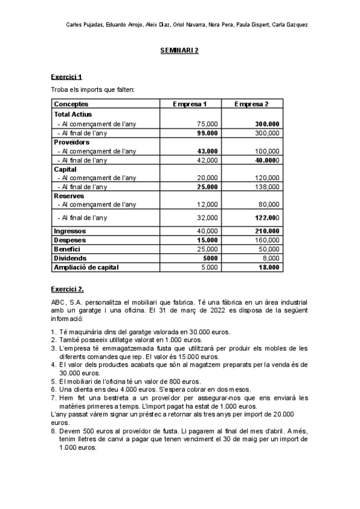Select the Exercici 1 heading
(66, 77)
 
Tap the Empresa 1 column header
(190, 104)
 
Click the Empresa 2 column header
(251, 104)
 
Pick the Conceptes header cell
(71, 104)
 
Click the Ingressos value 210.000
(266, 230)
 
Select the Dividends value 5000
(209, 258)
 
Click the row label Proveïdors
(71, 142)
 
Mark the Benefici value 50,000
(268, 248)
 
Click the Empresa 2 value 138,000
(266, 187)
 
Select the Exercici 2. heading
(67, 289)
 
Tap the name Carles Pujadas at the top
(83, 25)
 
